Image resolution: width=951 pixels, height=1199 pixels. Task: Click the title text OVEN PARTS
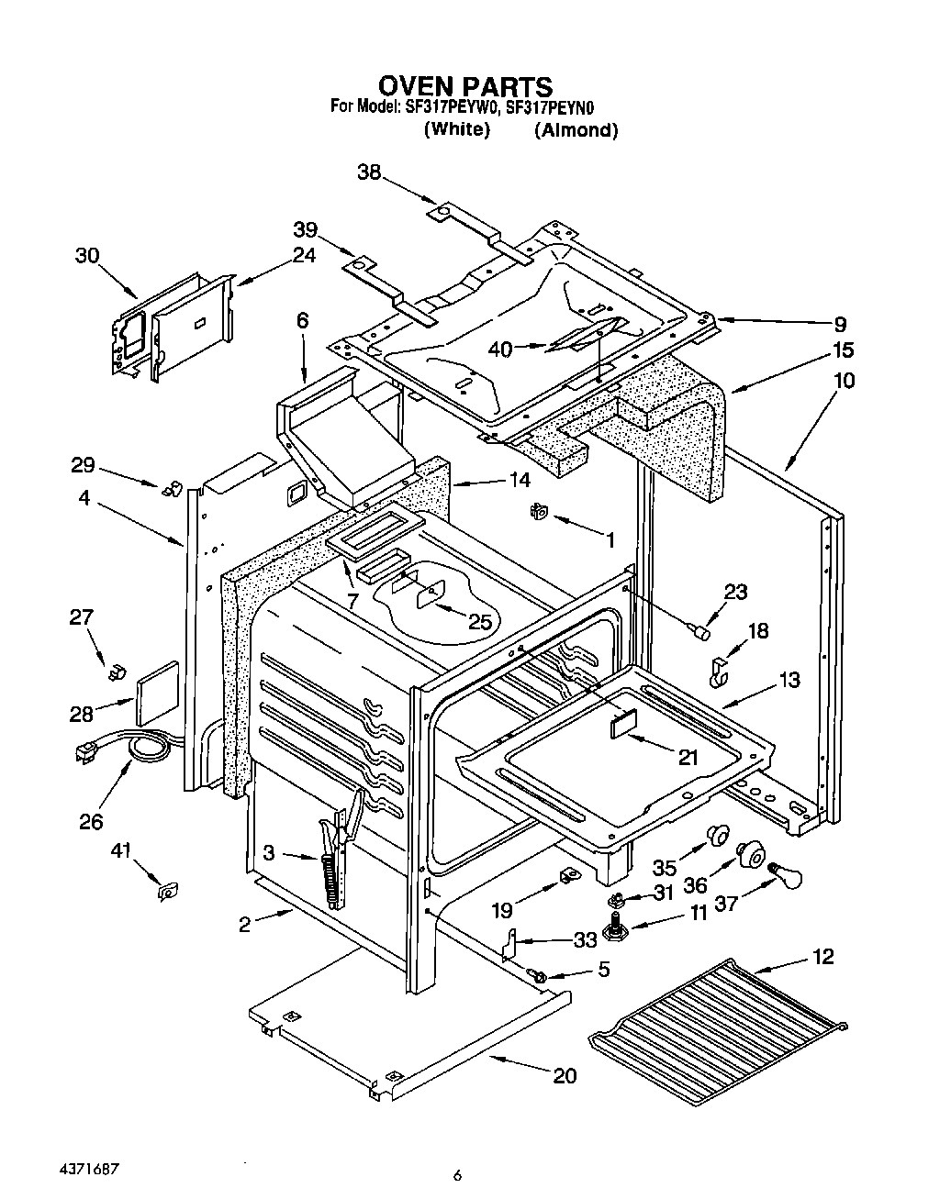tap(465, 86)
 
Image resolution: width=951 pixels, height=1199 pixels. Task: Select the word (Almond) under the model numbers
tap(576, 129)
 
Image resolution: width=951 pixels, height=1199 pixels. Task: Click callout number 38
tap(368, 172)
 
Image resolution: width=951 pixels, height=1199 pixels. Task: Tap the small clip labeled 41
tap(167, 889)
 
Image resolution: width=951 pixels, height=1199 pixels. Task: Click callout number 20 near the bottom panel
tap(565, 1075)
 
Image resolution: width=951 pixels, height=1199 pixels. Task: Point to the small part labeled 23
tap(701, 630)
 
